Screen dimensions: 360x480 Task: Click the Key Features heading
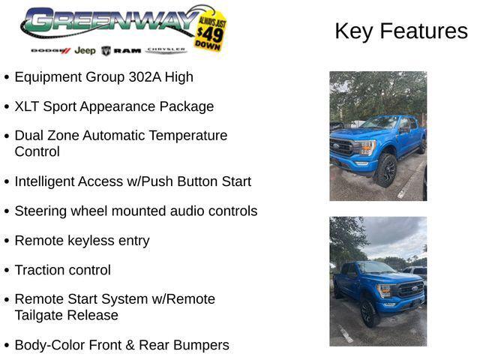[400, 31]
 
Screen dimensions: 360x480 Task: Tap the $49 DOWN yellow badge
[209, 31]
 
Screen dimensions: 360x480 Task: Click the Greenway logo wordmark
[105, 22]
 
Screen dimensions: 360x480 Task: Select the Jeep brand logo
[85, 51]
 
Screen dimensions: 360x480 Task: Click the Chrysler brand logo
[166, 50]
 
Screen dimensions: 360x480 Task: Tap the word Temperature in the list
[187, 136]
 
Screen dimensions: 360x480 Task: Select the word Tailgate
[40, 315]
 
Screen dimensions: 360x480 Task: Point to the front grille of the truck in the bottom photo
[410, 289]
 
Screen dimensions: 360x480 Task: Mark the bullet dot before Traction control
[7, 270]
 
